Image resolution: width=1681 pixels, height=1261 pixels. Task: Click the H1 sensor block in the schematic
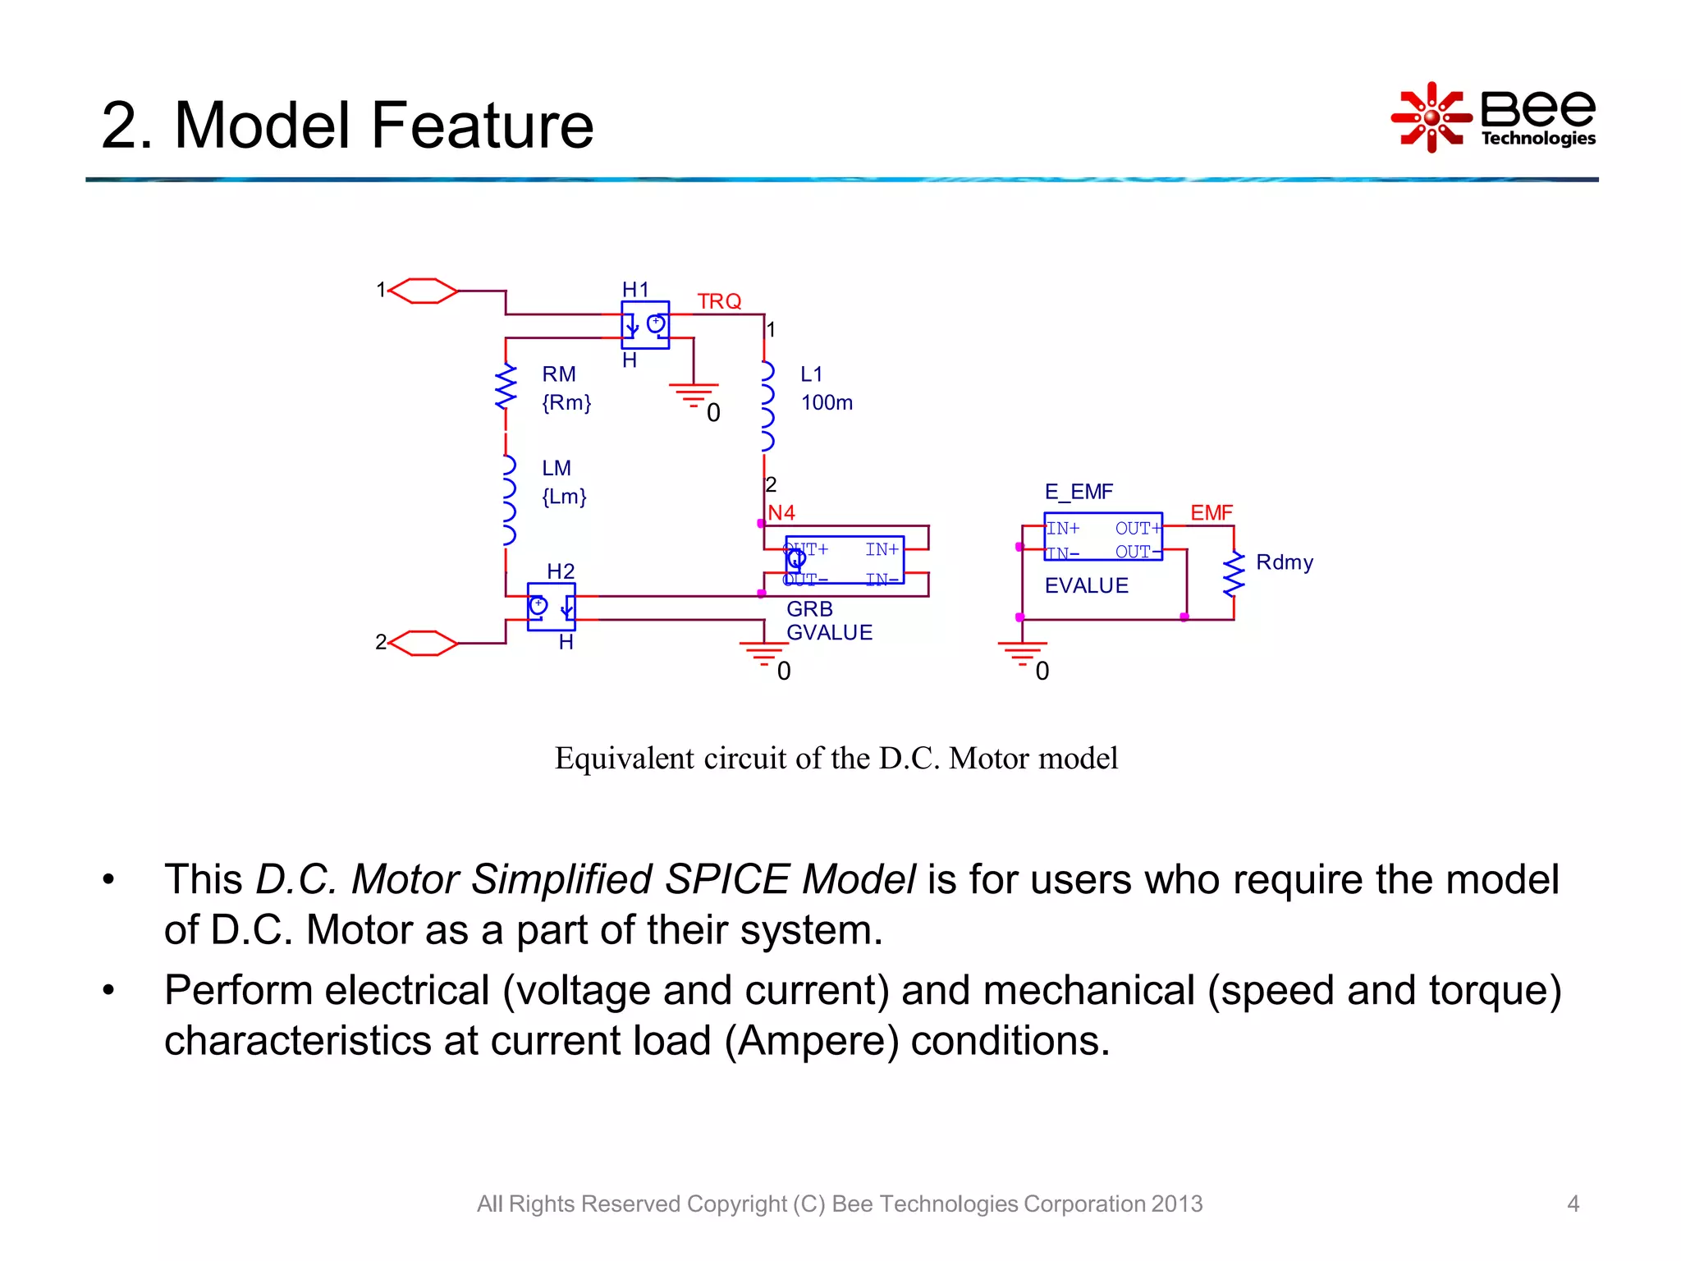[x=645, y=325]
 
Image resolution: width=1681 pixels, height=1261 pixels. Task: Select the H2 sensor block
[x=551, y=607]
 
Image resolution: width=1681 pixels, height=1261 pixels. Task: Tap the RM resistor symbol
[x=506, y=387]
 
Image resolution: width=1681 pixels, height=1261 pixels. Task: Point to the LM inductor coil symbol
[x=508, y=500]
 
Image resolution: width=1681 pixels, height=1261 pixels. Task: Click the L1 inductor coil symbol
[x=767, y=406]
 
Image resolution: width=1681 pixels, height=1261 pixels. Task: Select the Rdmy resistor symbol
[x=1233, y=574]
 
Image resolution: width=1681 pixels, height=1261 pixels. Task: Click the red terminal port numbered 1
[x=424, y=291]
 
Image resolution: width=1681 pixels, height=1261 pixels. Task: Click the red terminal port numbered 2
[x=424, y=643]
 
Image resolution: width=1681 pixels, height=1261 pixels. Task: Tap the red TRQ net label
[x=719, y=301]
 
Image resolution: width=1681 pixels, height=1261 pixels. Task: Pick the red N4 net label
[x=781, y=512]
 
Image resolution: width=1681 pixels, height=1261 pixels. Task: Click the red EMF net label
[x=1212, y=512]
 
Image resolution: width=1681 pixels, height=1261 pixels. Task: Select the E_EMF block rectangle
[x=1102, y=537]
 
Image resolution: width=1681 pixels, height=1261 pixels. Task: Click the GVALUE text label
[x=829, y=633]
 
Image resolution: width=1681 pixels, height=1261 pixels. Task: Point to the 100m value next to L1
[x=827, y=403]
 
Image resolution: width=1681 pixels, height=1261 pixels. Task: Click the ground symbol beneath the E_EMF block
[x=1022, y=653]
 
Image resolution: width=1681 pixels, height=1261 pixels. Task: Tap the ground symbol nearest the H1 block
[x=694, y=394]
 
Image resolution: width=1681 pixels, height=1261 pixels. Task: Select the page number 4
[x=1573, y=1204]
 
